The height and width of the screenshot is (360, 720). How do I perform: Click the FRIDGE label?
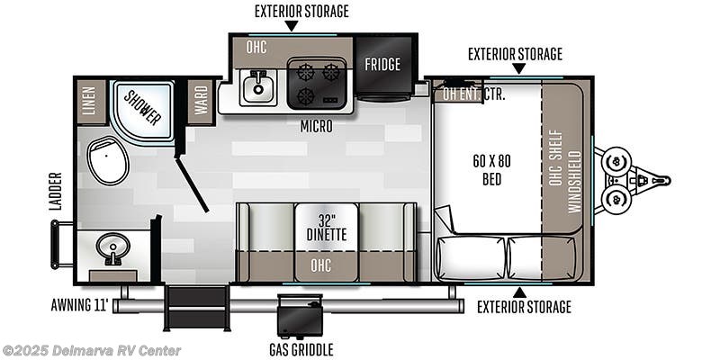[x=382, y=65]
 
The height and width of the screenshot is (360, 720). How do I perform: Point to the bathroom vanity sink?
[x=114, y=249]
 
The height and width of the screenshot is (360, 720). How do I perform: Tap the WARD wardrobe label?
[x=200, y=99]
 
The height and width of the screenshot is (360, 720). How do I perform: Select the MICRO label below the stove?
[x=317, y=127]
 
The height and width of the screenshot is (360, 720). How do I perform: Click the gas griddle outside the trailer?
[x=301, y=316]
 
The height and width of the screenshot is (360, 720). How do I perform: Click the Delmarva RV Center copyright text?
[x=92, y=350]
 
